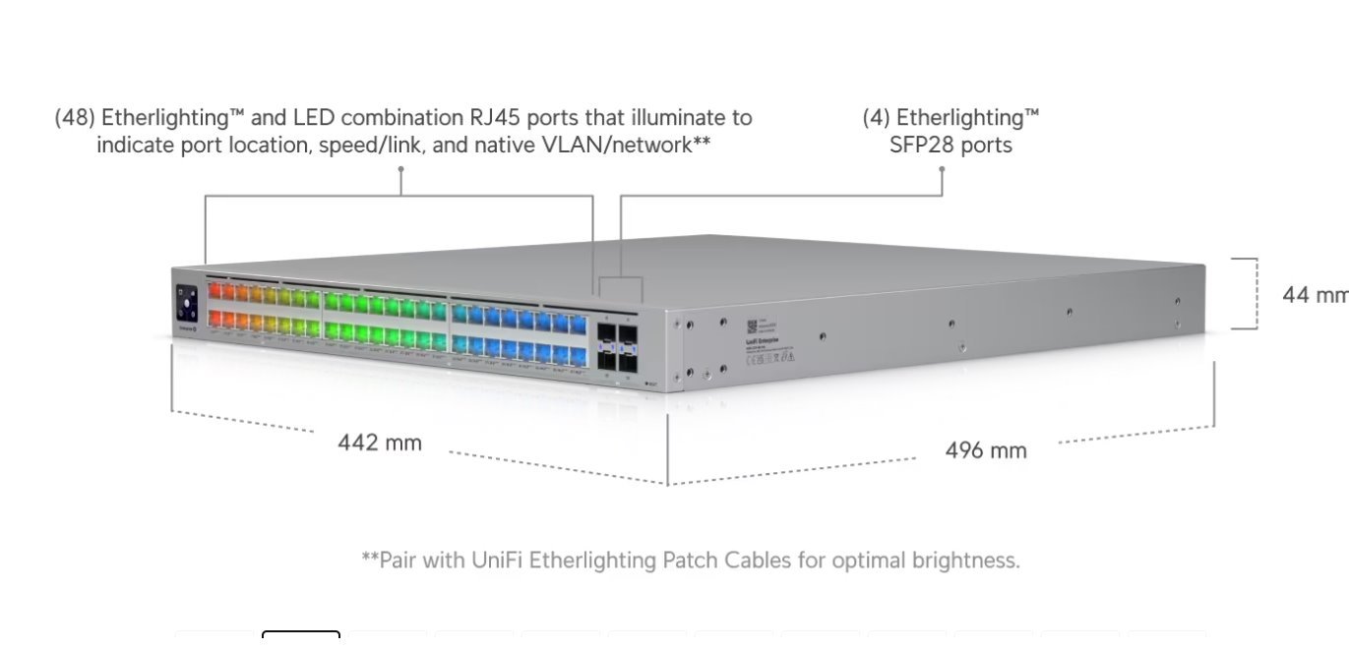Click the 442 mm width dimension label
(x=380, y=443)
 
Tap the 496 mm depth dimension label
(x=985, y=450)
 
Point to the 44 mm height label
(x=1315, y=294)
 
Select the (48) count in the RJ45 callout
(x=75, y=118)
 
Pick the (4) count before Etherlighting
(x=877, y=118)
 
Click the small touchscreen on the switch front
(x=187, y=303)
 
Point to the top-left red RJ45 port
(x=215, y=291)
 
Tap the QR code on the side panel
(x=751, y=325)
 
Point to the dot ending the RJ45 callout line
(x=400, y=168)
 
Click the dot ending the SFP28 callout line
(x=942, y=168)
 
